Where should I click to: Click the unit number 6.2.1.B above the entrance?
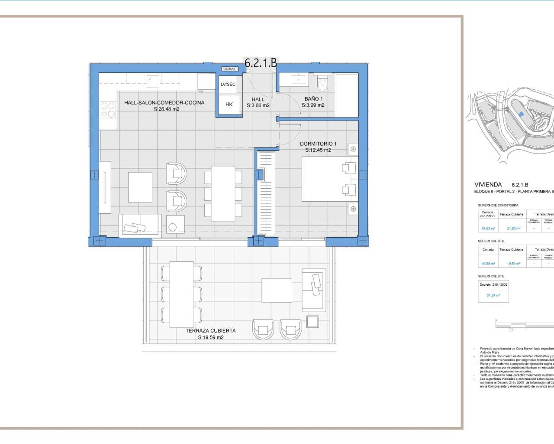tap(261, 63)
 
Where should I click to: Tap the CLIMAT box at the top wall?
tap(229, 69)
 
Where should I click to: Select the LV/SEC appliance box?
tap(228, 84)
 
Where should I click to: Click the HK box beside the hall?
tap(229, 104)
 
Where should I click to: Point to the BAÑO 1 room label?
tap(313, 99)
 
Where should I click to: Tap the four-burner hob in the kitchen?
tap(108, 110)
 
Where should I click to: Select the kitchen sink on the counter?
tap(152, 81)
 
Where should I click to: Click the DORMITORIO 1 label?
tap(318, 144)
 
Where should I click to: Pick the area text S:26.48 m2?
tap(167, 109)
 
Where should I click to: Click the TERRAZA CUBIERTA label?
tap(211, 330)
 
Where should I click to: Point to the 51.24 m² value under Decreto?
tap(493, 295)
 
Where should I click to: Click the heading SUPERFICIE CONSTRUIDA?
tap(498, 205)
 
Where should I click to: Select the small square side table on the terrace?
tap(312, 321)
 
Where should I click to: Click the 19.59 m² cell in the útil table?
tap(511, 263)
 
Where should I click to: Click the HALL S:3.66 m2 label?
tap(258, 102)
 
